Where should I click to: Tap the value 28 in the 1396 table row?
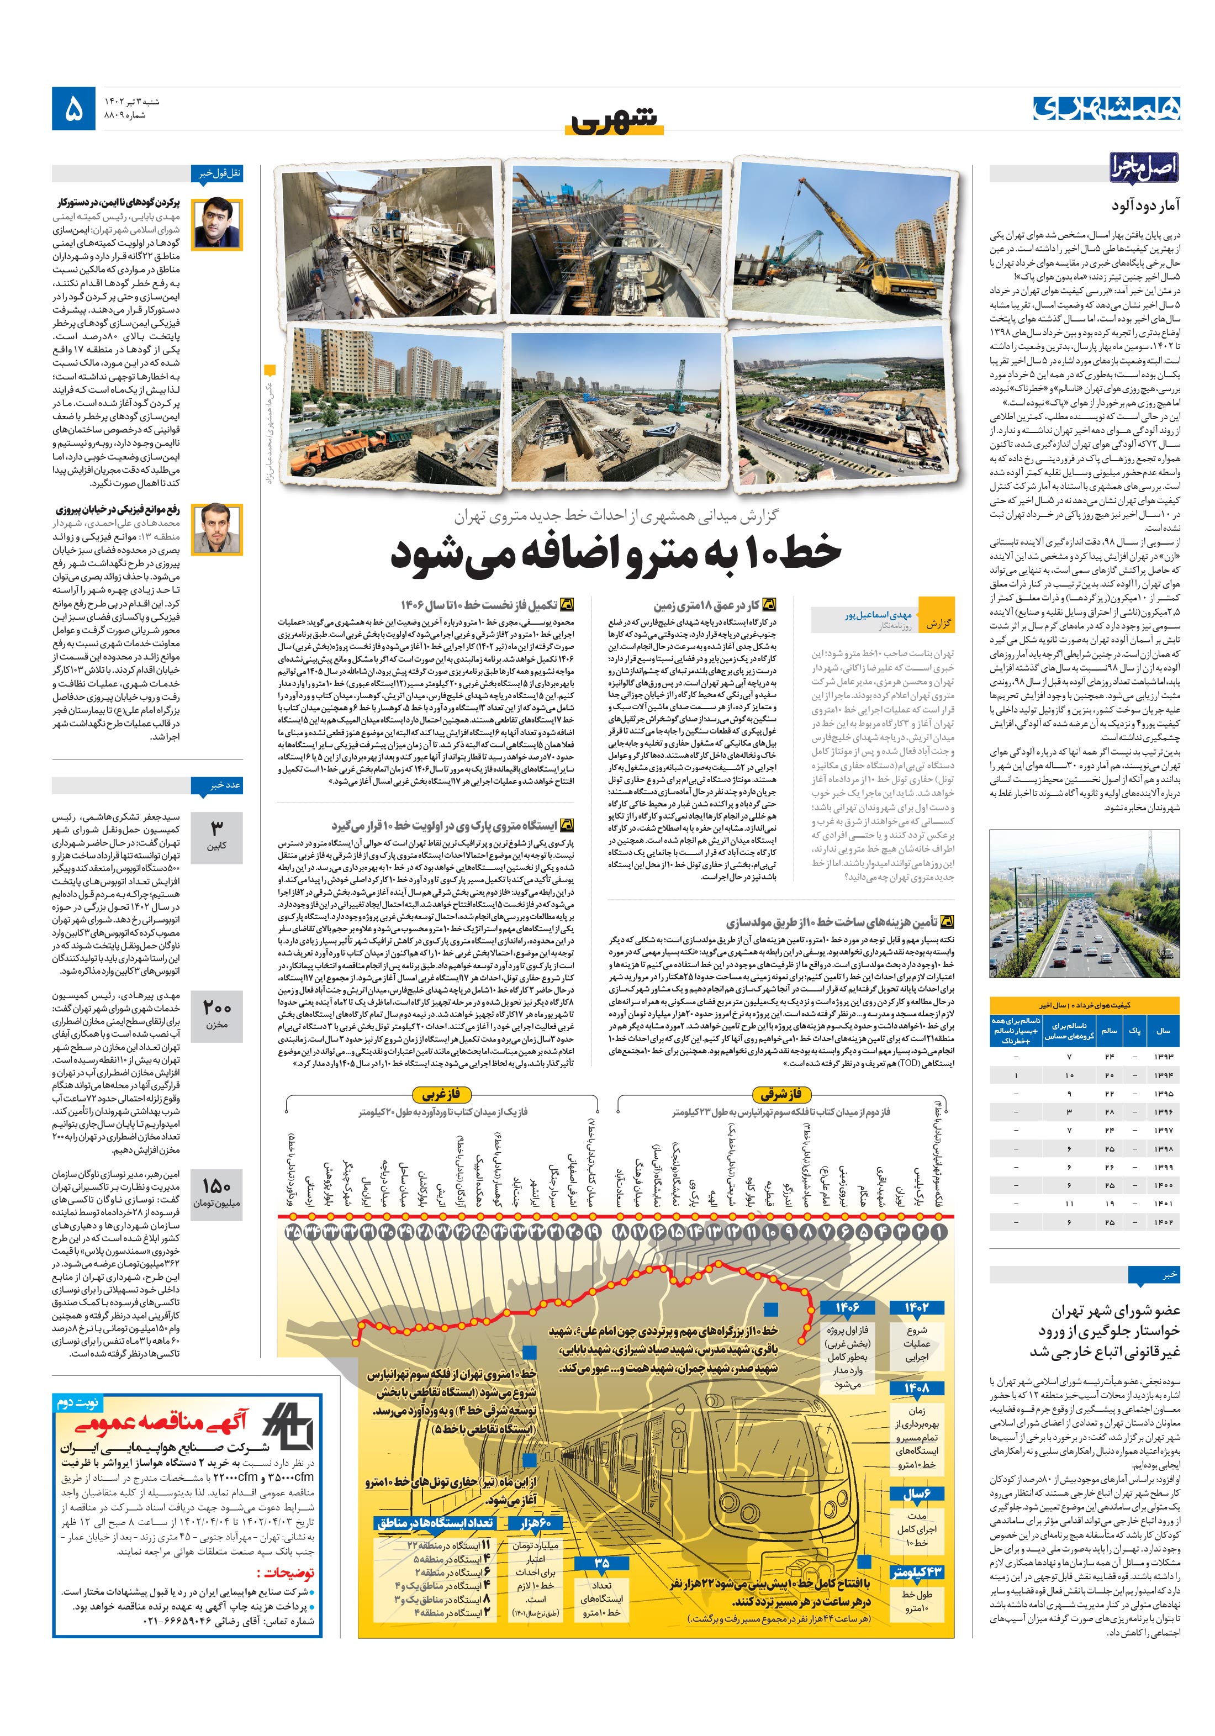(x=1109, y=1112)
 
